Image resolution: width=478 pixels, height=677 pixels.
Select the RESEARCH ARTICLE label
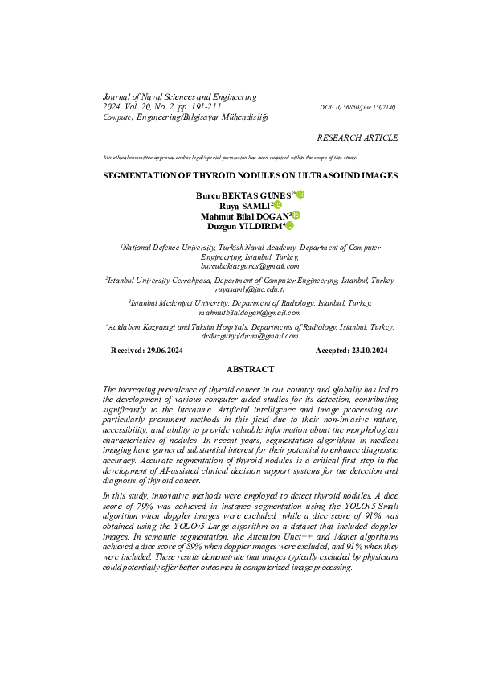click(357, 138)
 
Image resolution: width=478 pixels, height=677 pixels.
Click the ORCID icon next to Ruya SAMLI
click(278, 206)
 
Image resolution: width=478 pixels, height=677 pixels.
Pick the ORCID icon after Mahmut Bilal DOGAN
click(296, 215)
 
